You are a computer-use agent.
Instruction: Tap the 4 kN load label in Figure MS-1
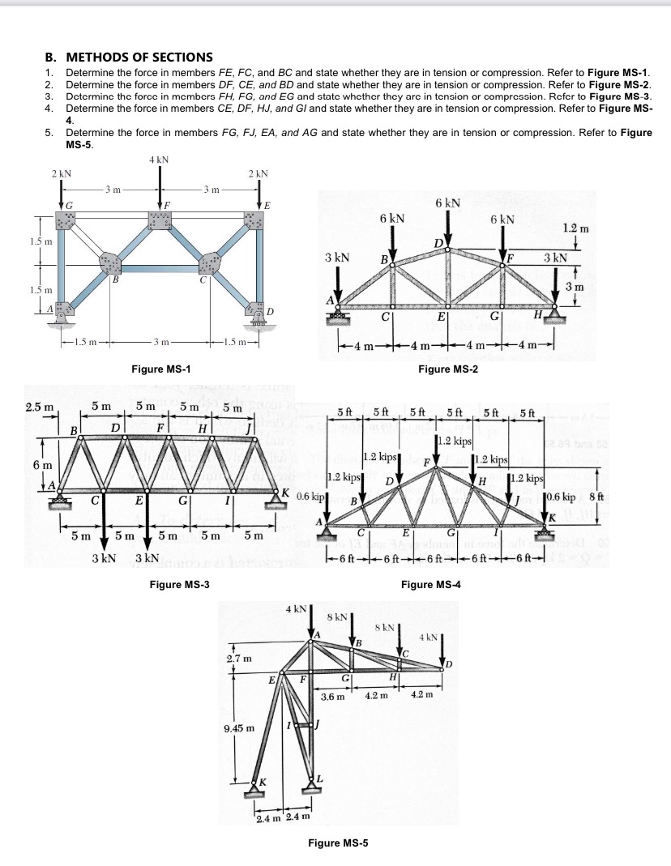click(x=158, y=160)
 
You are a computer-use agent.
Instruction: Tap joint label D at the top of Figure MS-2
click(x=438, y=243)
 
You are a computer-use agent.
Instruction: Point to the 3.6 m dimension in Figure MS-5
click(x=332, y=696)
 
